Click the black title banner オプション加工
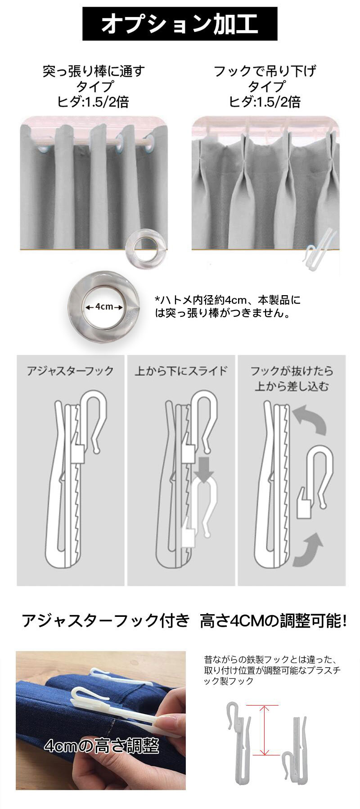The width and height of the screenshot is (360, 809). pos(180,24)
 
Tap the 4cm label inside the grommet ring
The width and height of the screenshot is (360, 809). pos(104,306)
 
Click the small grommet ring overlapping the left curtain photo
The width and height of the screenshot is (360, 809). pos(145,247)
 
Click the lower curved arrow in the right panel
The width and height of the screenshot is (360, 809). pos(309,549)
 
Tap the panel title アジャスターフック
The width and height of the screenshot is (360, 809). pos(70,371)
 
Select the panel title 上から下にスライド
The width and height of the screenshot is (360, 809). pos(181,371)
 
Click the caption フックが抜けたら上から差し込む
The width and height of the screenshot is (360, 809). pos(292,378)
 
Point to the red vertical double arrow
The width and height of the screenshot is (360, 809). pos(265,730)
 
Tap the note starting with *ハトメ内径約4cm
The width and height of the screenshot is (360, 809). pos(228,306)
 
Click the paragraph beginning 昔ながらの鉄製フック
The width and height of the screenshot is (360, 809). pos(271,670)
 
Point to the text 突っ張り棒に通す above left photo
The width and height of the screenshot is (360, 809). pos(94,71)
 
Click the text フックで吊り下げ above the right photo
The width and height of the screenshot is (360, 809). pos(265,71)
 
